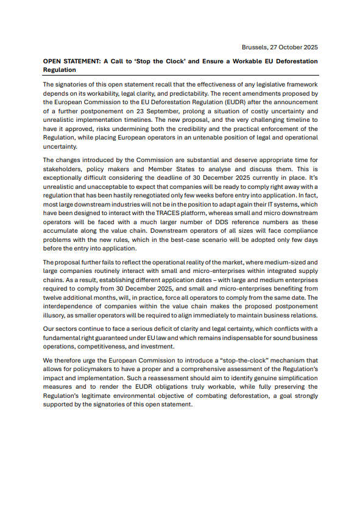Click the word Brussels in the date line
tap(255, 47)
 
